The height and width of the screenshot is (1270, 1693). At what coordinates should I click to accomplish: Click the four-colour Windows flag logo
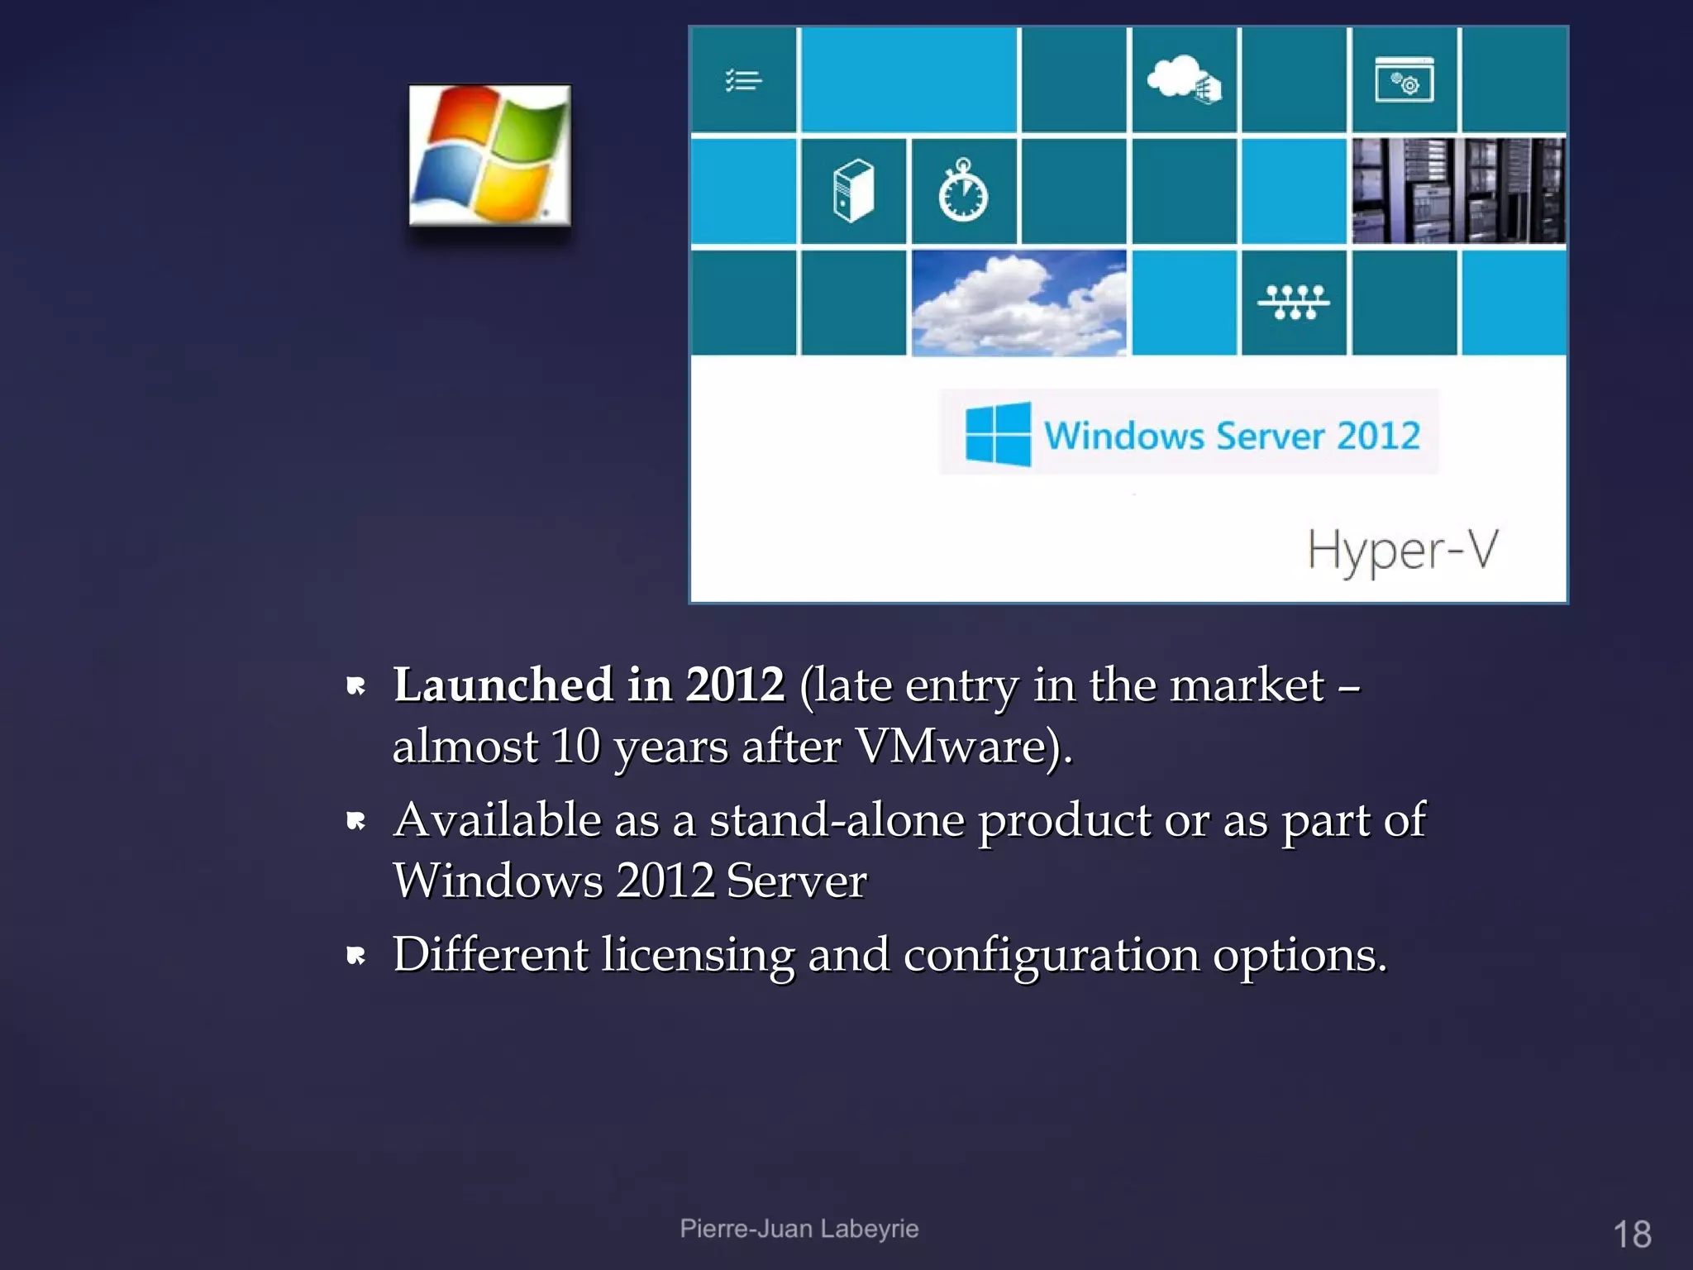pos(489,155)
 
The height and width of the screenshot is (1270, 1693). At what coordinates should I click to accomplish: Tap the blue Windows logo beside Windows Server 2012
pos(998,434)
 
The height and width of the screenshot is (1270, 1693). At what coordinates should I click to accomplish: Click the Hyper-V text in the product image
pos(1402,551)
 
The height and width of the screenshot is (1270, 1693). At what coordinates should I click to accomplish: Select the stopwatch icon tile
pos(963,191)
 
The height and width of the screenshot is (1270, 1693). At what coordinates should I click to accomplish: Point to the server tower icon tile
pos(853,191)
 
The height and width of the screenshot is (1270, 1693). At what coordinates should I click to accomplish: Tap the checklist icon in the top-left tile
pos(743,80)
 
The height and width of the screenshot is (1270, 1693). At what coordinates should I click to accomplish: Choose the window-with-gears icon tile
pos(1404,80)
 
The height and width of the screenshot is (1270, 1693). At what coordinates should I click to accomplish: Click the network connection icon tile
pos(1294,302)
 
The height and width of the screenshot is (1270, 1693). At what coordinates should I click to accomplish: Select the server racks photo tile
pos(1458,191)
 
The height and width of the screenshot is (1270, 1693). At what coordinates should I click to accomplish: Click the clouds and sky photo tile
pos(1018,303)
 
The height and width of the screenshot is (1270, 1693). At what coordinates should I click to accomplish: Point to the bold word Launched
pos(503,685)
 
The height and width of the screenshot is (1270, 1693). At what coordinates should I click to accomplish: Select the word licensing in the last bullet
pos(698,954)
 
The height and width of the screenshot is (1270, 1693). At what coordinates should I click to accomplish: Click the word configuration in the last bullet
pos(1051,954)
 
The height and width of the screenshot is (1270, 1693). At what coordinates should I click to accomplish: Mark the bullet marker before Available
pos(356,821)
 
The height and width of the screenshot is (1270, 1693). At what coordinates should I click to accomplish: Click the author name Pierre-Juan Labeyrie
pos(799,1229)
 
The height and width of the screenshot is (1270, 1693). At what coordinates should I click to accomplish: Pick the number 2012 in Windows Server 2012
pos(1378,436)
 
